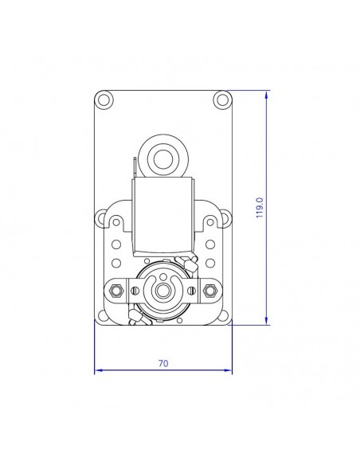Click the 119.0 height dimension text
(x=259, y=209)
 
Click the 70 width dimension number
(x=163, y=363)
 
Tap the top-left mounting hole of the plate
(x=104, y=100)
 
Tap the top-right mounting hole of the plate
(x=222, y=100)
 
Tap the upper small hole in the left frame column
(x=116, y=244)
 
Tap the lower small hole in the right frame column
(x=210, y=261)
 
